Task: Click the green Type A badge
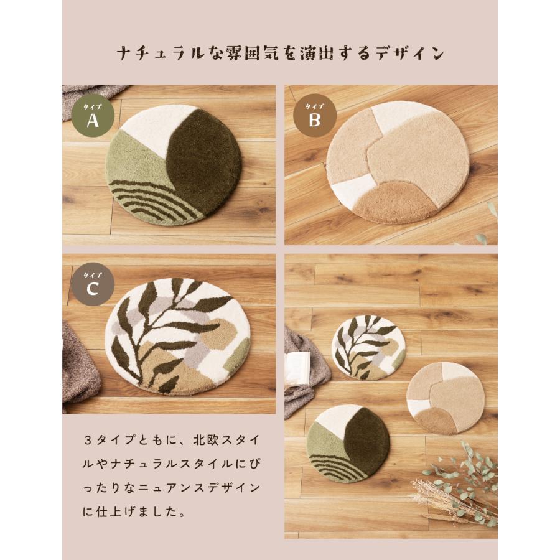[x=93, y=117]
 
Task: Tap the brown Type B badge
[x=315, y=116]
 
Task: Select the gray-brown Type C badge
[x=93, y=285]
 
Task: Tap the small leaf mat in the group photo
[x=368, y=347]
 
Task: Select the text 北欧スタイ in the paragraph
[x=215, y=439]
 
